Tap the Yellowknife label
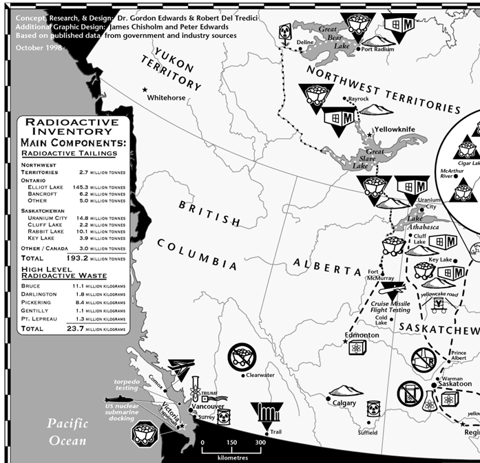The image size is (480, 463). tap(395, 129)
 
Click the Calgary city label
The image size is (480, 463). tap(344, 403)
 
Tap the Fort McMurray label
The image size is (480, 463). tap(381, 274)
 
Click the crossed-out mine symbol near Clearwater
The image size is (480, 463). tap(242, 356)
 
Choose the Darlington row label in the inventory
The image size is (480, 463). tap(41, 294)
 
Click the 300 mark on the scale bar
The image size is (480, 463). tap(260, 443)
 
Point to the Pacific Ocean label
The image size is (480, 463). tap(67, 431)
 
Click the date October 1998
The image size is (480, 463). tap(39, 48)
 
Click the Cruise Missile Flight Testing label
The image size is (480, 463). tap(391, 307)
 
